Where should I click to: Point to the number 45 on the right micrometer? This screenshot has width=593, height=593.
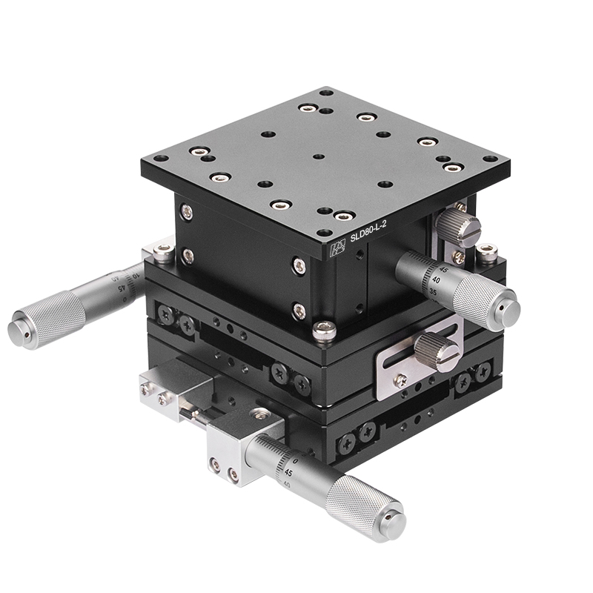tap(443, 271)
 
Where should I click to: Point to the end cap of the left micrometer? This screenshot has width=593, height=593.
tap(18, 333)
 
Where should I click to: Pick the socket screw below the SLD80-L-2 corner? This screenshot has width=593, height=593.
tap(324, 332)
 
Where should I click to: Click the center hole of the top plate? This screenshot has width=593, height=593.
tap(318, 157)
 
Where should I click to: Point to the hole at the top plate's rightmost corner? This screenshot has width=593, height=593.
tap(490, 158)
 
